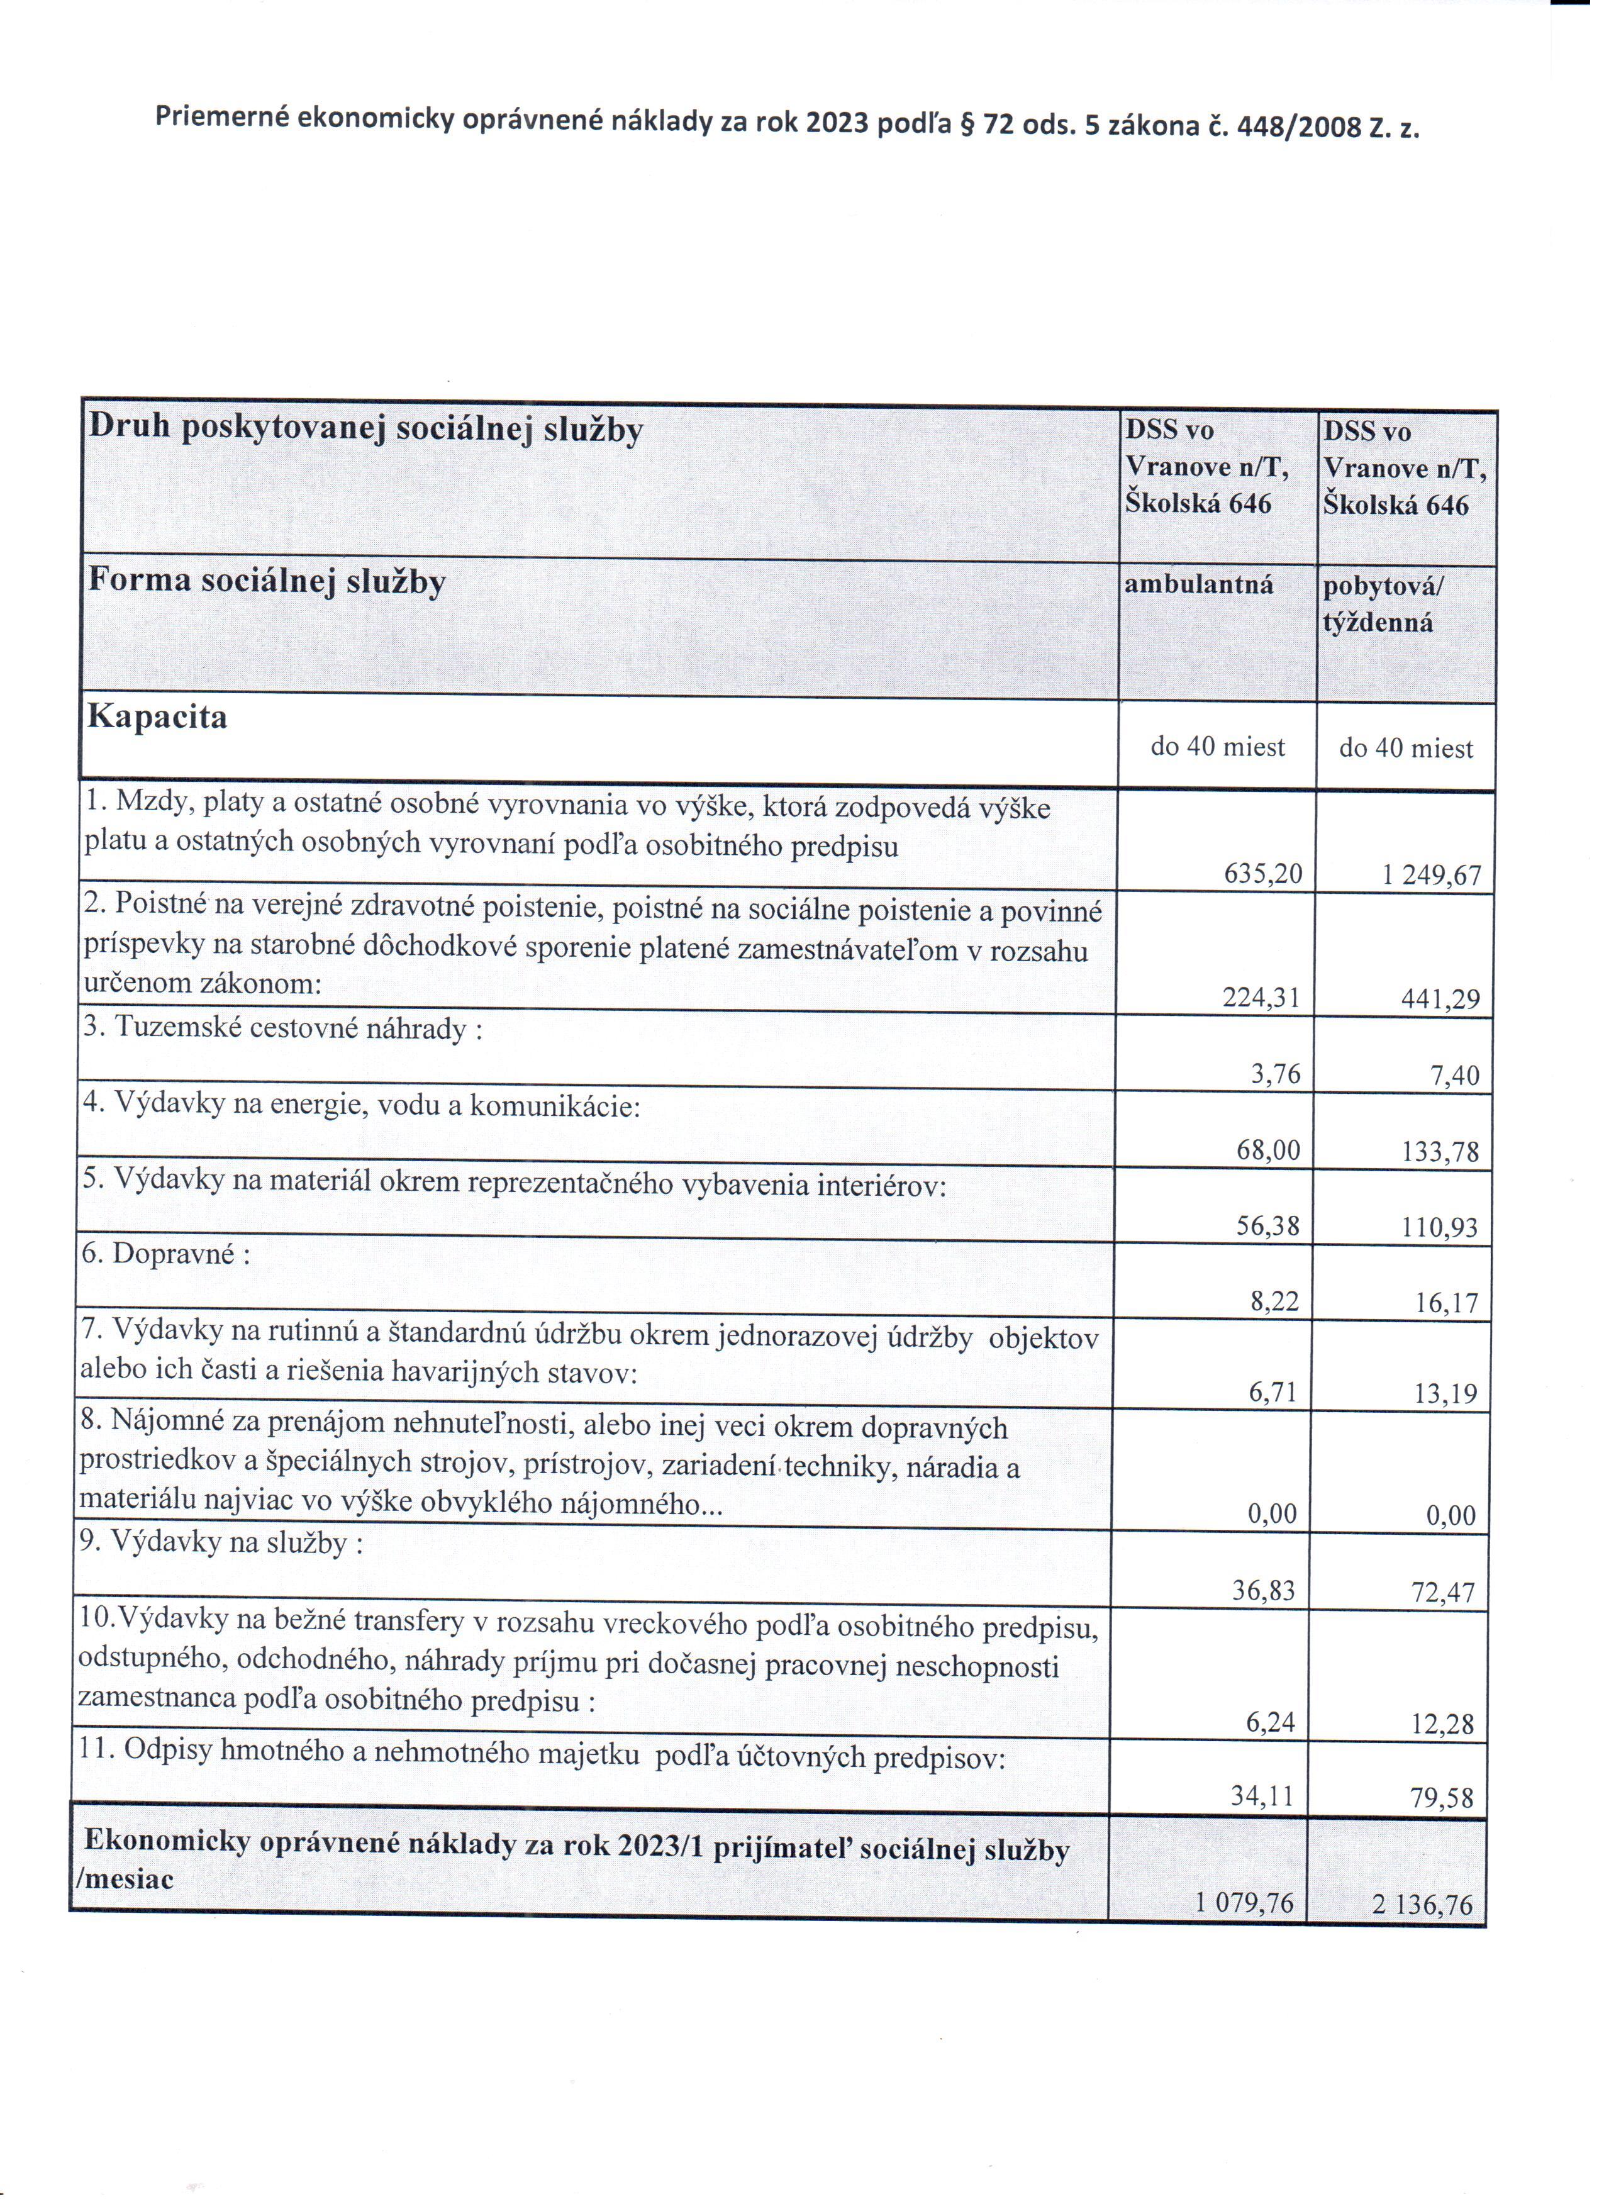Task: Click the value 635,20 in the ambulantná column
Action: pyautogui.click(x=1262, y=874)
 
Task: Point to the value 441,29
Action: pyautogui.click(x=1440, y=999)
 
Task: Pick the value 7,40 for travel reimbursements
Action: pyautogui.click(x=1454, y=1075)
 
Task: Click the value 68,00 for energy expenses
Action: pyautogui.click(x=1267, y=1150)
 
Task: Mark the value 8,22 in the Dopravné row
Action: pyautogui.click(x=1274, y=1301)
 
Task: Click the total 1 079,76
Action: pyautogui.click(x=1244, y=1903)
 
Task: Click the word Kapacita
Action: pyautogui.click(x=158, y=717)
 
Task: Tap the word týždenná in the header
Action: pyautogui.click(x=1378, y=623)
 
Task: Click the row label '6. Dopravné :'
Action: pyautogui.click(x=166, y=1254)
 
